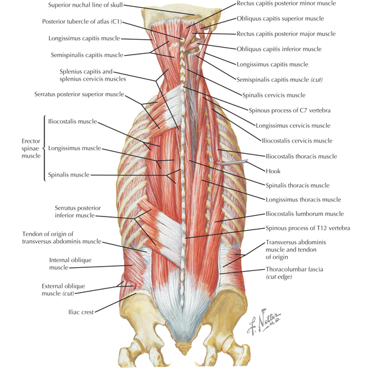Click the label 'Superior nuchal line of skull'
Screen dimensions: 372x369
tap(86, 5)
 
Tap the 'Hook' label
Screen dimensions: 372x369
tap(273, 171)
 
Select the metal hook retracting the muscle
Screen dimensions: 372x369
tap(232, 162)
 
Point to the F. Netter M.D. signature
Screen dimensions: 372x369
tap(263, 321)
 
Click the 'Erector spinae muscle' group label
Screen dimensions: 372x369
tap(31, 148)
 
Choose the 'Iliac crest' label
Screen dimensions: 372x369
tap(81, 312)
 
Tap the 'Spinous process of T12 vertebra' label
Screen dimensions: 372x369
tap(308, 228)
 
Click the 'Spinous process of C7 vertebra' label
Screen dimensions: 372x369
tap(290, 110)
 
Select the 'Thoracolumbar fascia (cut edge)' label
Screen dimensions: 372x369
tap(294, 273)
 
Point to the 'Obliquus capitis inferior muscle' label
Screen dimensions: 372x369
tap(279, 49)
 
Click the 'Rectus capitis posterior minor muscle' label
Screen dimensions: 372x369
tap(286, 3)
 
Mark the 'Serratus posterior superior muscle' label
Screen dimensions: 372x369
tap(79, 94)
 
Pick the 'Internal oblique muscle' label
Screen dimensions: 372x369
tap(70, 264)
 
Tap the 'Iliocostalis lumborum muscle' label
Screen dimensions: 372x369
tap(304, 214)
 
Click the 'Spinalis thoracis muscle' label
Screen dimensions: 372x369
tap(298, 185)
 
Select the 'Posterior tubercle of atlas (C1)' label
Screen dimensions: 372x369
tap(82, 22)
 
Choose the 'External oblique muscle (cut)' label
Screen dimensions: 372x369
tap(63, 290)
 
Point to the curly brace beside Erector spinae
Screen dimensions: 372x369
tap(45, 148)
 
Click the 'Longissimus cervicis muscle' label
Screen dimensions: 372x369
tap(293, 125)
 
